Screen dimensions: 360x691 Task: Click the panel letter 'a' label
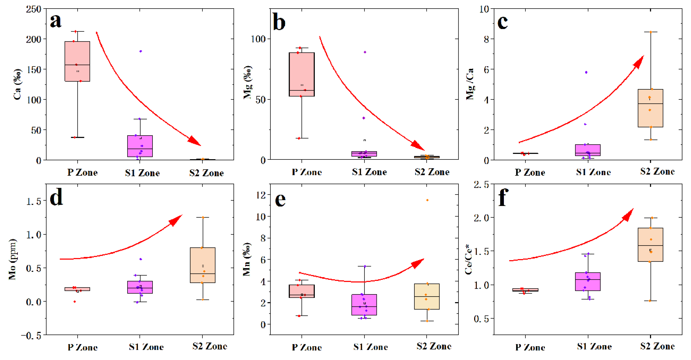pyautogui.click(x=56, y=21)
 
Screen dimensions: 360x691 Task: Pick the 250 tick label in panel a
pyautogui.click(x=34, y=9)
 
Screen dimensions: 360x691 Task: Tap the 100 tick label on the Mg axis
pyautogui.click(x=258, y=39)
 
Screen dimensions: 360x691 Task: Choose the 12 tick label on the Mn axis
pyautogui.click(x=261, y=195)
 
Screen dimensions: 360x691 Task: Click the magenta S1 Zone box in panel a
pyautogui.click(x=140, y=146)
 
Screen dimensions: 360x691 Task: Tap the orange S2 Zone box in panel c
pyautogui.click(x=650, y=108)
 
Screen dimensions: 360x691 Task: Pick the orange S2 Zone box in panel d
pyautogui.click(x=202, y=265)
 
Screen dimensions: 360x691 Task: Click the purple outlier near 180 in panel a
pyautogui.click(x=140, y=51)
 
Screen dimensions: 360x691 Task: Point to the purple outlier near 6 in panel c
pyautogui.click(x=586, y=72)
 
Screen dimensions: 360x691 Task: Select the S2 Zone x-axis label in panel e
pyautogui.click(x=434, y=346)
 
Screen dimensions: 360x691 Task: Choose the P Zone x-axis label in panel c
pyautogui.click(x=530, y=172)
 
